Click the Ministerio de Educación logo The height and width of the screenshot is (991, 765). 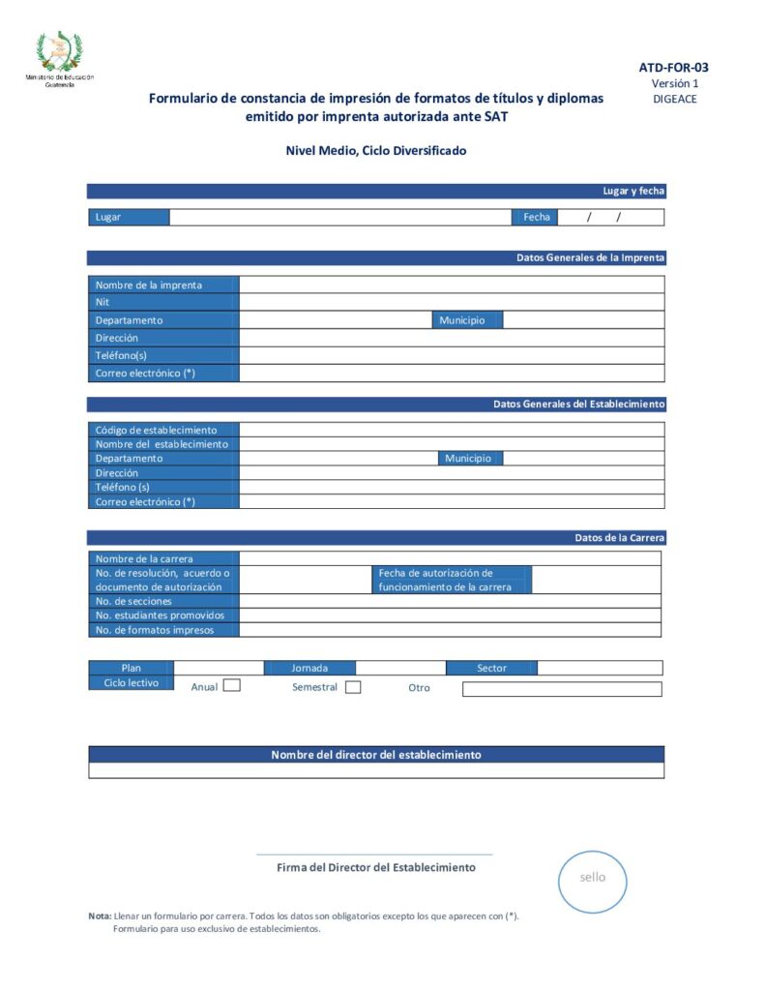(60, 56)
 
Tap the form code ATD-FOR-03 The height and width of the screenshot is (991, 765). (673, 68)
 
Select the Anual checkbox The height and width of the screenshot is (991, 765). (232, 686)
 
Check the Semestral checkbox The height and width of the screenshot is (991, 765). (353, 687)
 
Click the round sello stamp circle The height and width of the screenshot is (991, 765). (593, 878)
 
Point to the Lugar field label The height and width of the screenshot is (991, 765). (108, 218)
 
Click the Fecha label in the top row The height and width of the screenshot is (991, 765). (537, 218)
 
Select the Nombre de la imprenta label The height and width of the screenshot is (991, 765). (149, 285)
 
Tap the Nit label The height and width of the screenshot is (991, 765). (103, 302)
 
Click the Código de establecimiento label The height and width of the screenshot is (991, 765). (156, 430)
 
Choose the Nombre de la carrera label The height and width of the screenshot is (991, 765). (144, 558)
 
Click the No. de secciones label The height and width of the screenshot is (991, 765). (133, 601)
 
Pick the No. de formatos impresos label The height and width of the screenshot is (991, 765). (154, 630)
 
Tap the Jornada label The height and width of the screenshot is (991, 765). (309, 668)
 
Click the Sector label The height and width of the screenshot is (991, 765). (491, 668)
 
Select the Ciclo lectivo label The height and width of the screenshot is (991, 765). (131, 682)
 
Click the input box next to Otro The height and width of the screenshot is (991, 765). (562, 689)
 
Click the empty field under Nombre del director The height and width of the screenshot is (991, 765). (376, 771)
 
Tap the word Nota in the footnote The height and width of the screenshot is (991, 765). (100, 916)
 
